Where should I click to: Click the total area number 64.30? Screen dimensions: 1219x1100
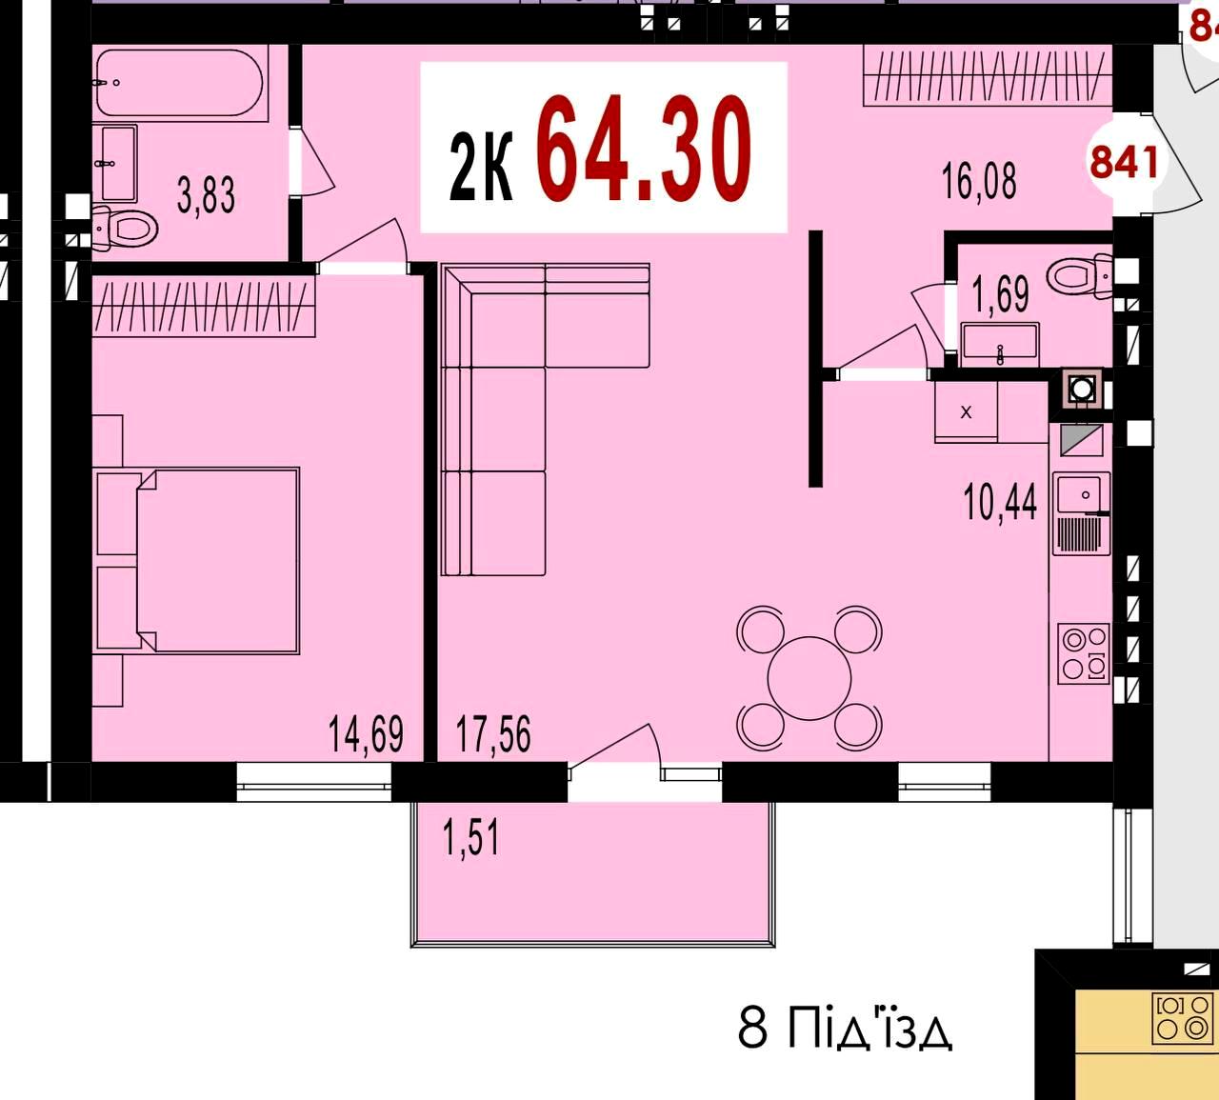coord(644,149)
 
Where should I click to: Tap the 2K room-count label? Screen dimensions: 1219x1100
coord(481,167)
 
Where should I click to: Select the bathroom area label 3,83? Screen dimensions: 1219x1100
coord(206,194)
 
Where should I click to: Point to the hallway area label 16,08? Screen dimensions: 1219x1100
coord(978,181)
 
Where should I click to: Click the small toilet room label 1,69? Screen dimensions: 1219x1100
coord(1001,293)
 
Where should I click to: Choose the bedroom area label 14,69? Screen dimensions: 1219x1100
coord(366,733)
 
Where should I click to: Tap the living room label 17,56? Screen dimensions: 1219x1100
coord(493,733)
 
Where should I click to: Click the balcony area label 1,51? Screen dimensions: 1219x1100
coord(471,837)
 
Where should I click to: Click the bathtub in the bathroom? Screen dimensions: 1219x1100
coord(179,83)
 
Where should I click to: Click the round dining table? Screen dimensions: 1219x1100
coord(809,678)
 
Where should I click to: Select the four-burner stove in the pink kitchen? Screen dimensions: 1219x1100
coord(1084,654)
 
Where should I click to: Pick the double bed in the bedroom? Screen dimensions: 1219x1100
coord(198,560)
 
